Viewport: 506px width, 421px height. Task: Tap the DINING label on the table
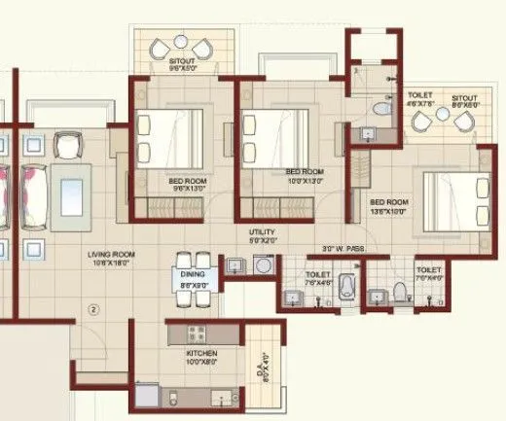[x=193, y=275]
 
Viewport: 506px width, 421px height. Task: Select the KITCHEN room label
[x=202, y=354]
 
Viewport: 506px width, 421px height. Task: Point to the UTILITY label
[x=262, y=232]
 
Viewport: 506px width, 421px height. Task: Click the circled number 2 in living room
[x=94, y=310]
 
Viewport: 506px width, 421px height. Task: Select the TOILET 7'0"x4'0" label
[x=428, y=272]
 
